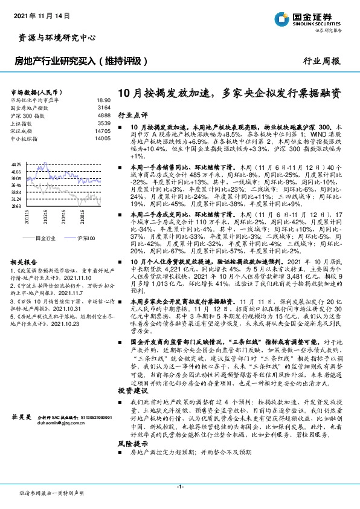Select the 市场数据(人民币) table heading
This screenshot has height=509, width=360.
(x=38, y=91)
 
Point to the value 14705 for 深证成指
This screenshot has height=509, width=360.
(x=101, y=130)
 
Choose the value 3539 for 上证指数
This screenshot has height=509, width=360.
(x=103, y=122)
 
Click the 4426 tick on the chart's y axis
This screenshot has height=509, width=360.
(x=17, y=164)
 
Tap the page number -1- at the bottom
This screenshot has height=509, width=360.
(x=180, y=487)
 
